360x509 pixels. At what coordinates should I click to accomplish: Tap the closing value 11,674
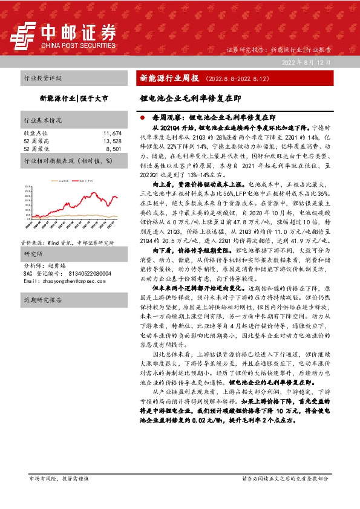tap(113, 132)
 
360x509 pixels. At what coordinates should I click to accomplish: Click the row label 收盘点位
tap(34, 132)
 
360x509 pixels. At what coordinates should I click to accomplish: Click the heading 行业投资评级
tap(42, 79)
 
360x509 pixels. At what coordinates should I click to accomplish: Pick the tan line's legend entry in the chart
tap(59, 180)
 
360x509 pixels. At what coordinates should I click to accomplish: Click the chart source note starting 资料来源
tap(68, 241)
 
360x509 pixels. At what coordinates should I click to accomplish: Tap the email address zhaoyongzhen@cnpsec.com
tap(67, 281)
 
